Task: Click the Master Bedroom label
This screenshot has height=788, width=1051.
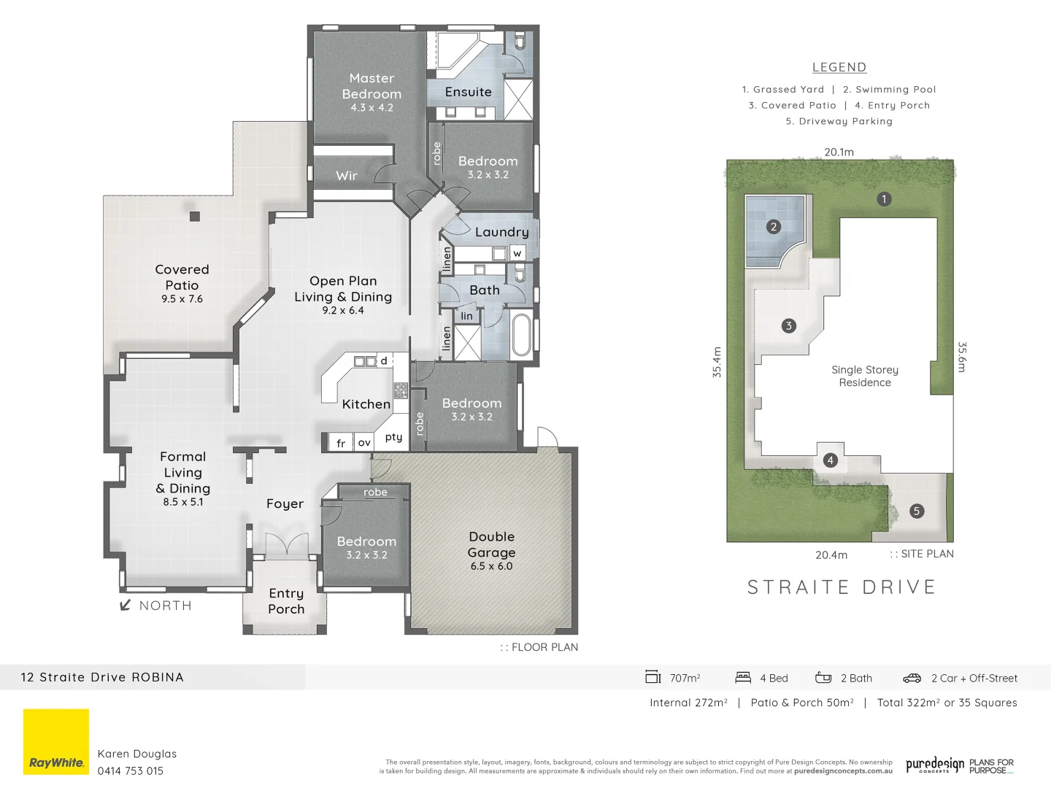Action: [371, 86]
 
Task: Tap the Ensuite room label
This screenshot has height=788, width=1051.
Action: [468, 92]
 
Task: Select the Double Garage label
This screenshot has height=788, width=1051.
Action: [491, 545]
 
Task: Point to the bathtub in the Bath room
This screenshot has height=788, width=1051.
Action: [521, 335]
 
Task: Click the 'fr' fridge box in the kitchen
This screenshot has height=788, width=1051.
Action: [341, 443]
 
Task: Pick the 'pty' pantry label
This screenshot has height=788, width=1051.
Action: [393, 437]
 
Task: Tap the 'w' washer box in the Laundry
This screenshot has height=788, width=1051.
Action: [517, 253]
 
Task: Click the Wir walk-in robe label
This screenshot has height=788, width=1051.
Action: [347, 176]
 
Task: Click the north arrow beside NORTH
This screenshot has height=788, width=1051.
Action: [125, 605]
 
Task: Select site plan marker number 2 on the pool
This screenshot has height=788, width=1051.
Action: [774, 227]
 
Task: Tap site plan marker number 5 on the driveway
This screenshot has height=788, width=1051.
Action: [917, 511]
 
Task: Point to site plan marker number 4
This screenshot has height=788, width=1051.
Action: [830, 460]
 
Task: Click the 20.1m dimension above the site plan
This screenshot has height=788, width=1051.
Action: [839, 152]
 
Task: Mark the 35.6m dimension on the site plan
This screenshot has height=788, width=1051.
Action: [961, 357]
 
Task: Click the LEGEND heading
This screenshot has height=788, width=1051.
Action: [839, 67]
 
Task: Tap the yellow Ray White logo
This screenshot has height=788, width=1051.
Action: [56, 741]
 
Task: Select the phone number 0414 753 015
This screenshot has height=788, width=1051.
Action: [131, 770]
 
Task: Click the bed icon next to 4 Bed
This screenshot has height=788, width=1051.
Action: [743, 678]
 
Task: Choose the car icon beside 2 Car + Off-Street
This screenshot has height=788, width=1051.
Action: [912, 678]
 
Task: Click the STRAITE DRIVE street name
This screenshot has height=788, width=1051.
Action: [842, 587]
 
